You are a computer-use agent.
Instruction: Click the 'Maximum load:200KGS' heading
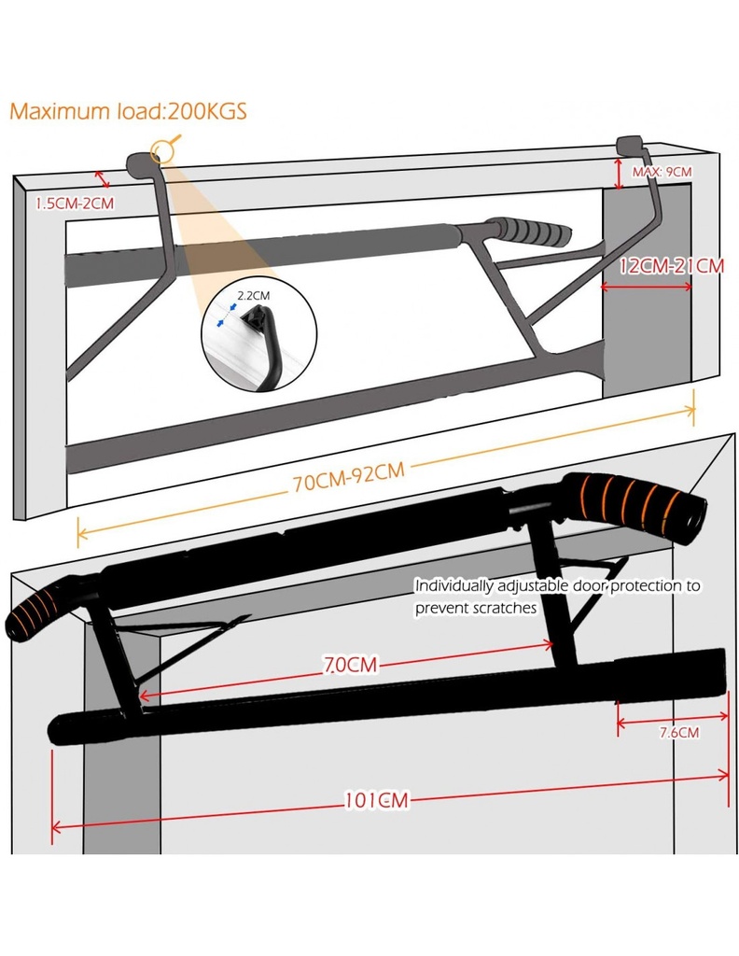(128, 111)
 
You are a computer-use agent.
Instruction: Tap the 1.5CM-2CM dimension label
(74, 203)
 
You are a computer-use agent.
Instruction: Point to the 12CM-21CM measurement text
(672, 265)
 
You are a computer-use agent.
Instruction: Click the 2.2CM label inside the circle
(253, 295)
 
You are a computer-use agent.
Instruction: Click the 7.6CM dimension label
(678, 732)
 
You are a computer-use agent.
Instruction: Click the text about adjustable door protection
(557, 597)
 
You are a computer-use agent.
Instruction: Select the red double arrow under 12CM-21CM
(648, 287)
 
